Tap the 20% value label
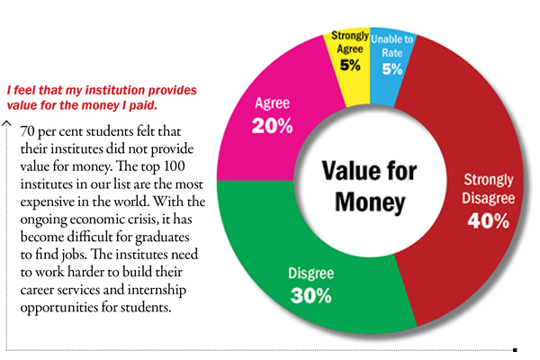(x=272, y=126)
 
